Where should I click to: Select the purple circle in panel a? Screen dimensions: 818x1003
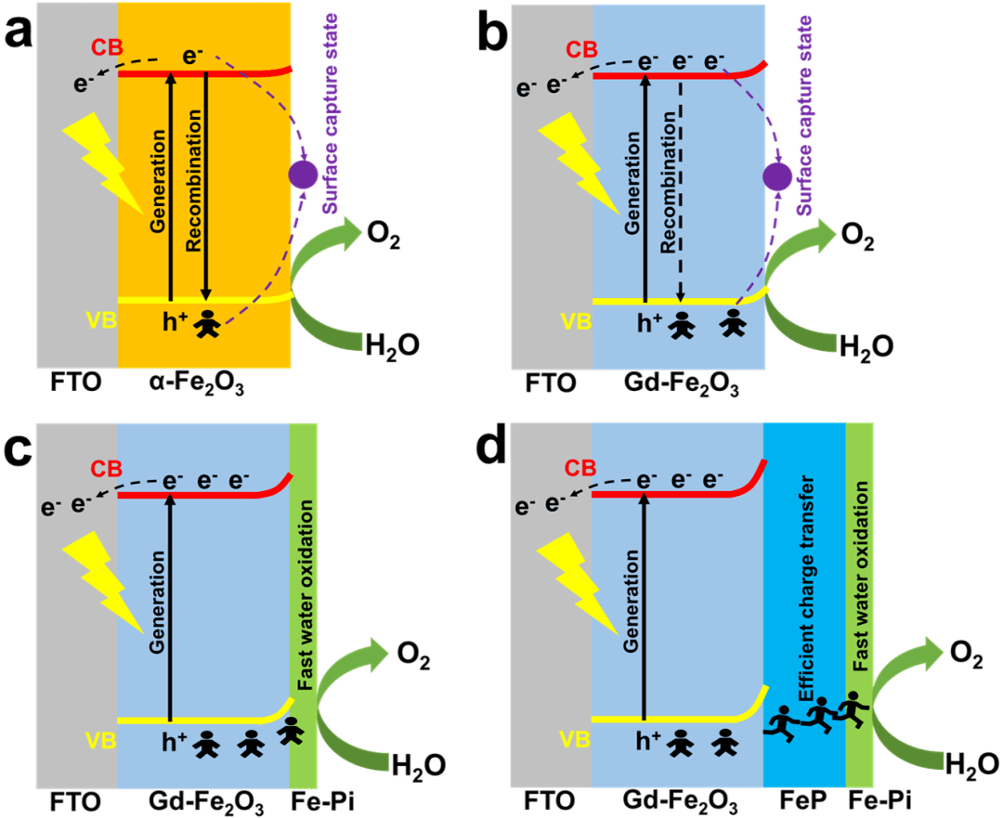coord(303,175)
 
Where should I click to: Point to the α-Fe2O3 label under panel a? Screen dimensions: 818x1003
coord(196,383)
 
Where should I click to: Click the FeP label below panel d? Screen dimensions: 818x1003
coord(804,799)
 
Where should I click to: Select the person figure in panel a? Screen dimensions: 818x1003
coord(207,324)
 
